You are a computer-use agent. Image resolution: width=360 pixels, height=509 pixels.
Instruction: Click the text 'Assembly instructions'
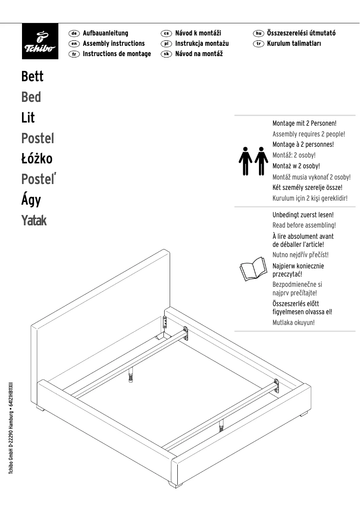(114, 44)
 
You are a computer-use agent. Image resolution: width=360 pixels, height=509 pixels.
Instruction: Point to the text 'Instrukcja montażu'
(202, 44)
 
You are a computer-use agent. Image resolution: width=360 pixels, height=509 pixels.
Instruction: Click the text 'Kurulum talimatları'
(294, 44)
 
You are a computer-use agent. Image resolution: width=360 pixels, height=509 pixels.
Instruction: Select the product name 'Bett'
(32, 76)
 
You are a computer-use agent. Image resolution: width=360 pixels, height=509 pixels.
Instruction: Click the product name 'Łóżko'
(37, 159)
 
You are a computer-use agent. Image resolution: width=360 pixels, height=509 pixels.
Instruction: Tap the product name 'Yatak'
(34, 221)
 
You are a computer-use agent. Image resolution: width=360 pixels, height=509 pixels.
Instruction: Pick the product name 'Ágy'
(31, 200)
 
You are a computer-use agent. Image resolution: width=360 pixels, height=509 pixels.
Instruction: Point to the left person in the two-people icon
(245, 160)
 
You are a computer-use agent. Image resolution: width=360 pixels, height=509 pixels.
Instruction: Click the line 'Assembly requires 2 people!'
(309, 134)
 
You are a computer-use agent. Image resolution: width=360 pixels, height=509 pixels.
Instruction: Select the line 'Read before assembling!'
(304, 225)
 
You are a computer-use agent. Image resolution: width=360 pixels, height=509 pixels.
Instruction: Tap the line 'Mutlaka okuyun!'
(294, 322)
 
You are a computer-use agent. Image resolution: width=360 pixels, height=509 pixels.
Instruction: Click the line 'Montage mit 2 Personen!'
(304, 123)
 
